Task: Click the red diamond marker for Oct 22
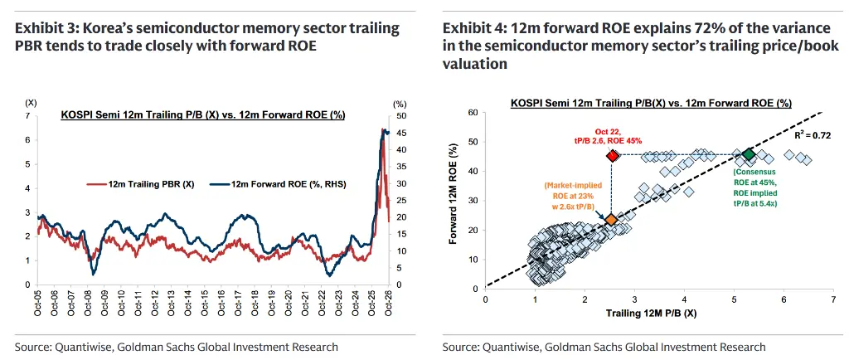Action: [x=613, y=155]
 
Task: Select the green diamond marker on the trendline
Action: [x=749, y=154]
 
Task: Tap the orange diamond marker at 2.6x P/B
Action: [x=611, y=220]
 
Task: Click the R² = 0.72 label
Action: [x=813, y=135]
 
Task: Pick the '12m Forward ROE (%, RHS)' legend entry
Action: [x=282, y=185]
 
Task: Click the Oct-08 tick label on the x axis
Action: [x=89, y=302]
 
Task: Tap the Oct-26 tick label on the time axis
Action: [x=389, y=302]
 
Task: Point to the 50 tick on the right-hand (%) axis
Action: [x=402, y=116]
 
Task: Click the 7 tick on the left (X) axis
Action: [x=27, y=116]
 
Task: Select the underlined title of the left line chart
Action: [x=202, y=114]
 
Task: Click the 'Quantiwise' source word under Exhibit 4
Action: [x=507, y=347]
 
